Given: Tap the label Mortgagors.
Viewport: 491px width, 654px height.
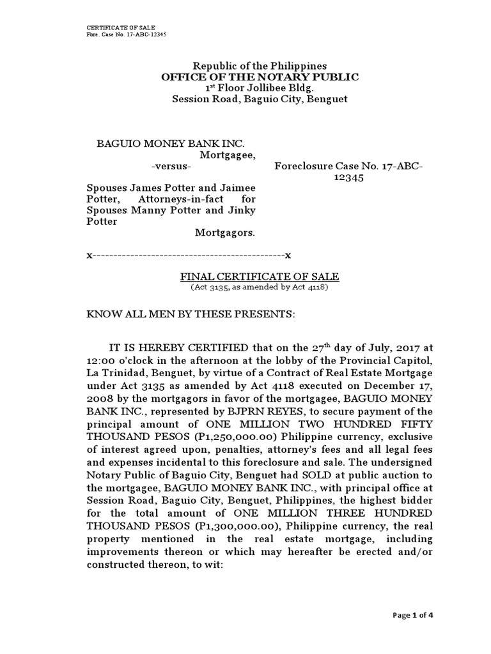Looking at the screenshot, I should coord(224,233).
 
